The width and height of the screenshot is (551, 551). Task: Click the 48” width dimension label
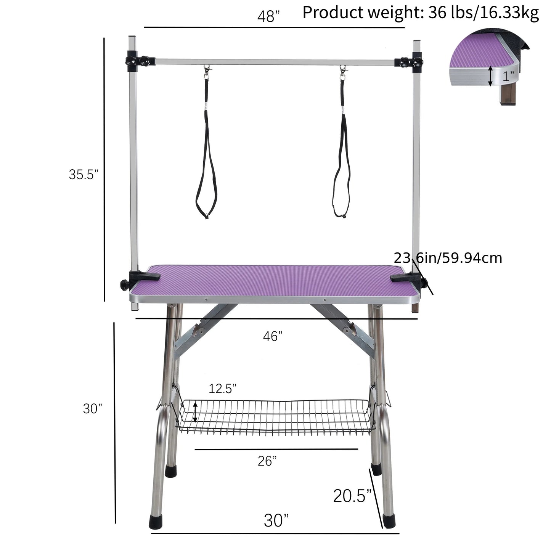[x=268, y=16]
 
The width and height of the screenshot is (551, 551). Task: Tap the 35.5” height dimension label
[x=84, y=174]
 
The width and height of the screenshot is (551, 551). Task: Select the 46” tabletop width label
[x=273, y=337]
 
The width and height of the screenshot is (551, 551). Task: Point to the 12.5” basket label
[x=222, y=389]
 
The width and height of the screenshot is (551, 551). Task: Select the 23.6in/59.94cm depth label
[x=448, y=258]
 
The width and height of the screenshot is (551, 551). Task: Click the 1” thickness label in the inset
[x=508, y=76]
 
